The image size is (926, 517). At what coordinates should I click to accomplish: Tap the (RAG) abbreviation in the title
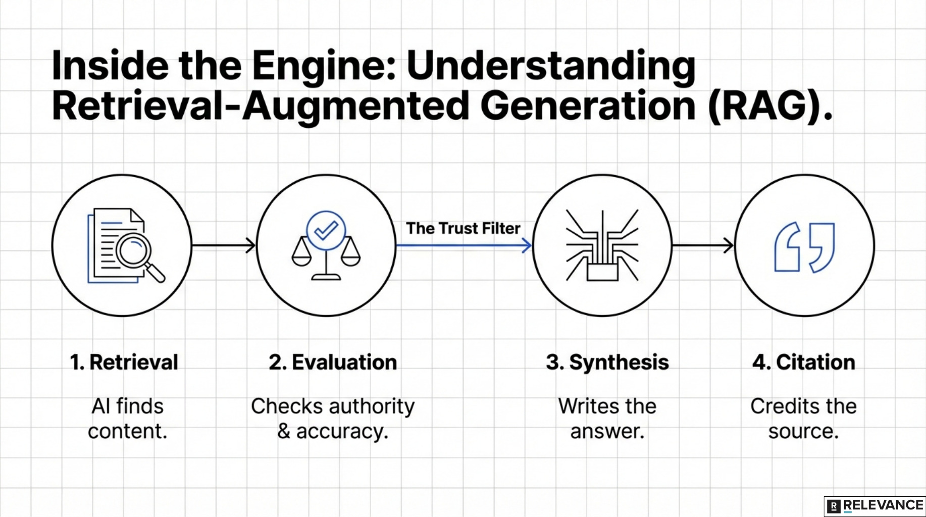[x=765, y=106]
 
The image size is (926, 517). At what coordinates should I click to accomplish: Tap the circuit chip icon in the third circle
[x=602, y=246]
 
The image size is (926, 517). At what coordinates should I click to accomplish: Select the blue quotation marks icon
[x=804, y=247]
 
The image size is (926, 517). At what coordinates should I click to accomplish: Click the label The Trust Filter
[x=463, y=228]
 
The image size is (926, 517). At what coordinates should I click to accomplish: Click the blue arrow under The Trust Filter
[x=464, y=246]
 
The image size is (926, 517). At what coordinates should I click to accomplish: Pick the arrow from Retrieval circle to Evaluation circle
[x=224, y=246]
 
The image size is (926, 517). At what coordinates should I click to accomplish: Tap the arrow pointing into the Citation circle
[x=703, y=246]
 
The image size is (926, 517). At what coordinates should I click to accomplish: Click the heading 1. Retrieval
[x=124, y=363]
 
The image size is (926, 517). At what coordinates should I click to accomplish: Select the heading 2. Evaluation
[x=333, y=363]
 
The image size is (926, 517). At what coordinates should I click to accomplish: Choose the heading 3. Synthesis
[x=607, y=363]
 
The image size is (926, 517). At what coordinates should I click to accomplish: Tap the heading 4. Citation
[x=804, y=363]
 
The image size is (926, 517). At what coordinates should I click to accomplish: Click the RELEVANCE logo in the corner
[x=876, y=506]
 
